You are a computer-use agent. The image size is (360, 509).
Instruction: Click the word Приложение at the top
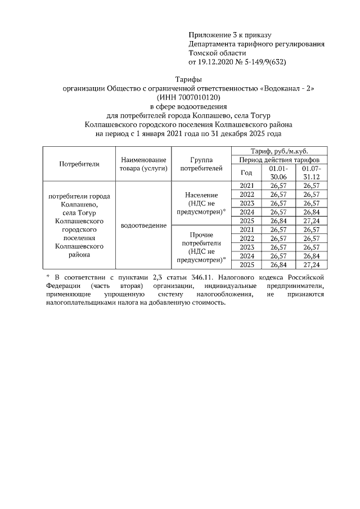point(209,35)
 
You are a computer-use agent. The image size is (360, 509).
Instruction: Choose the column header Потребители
point(79,164)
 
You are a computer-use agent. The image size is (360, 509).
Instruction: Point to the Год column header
point(246,173)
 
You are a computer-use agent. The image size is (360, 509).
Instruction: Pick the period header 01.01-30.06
point(278,173)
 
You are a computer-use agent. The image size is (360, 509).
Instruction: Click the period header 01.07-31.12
point(311,173)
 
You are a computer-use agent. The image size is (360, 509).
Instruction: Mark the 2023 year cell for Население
point(246,203)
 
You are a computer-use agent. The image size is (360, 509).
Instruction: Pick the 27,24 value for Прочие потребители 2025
point(311,264)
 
